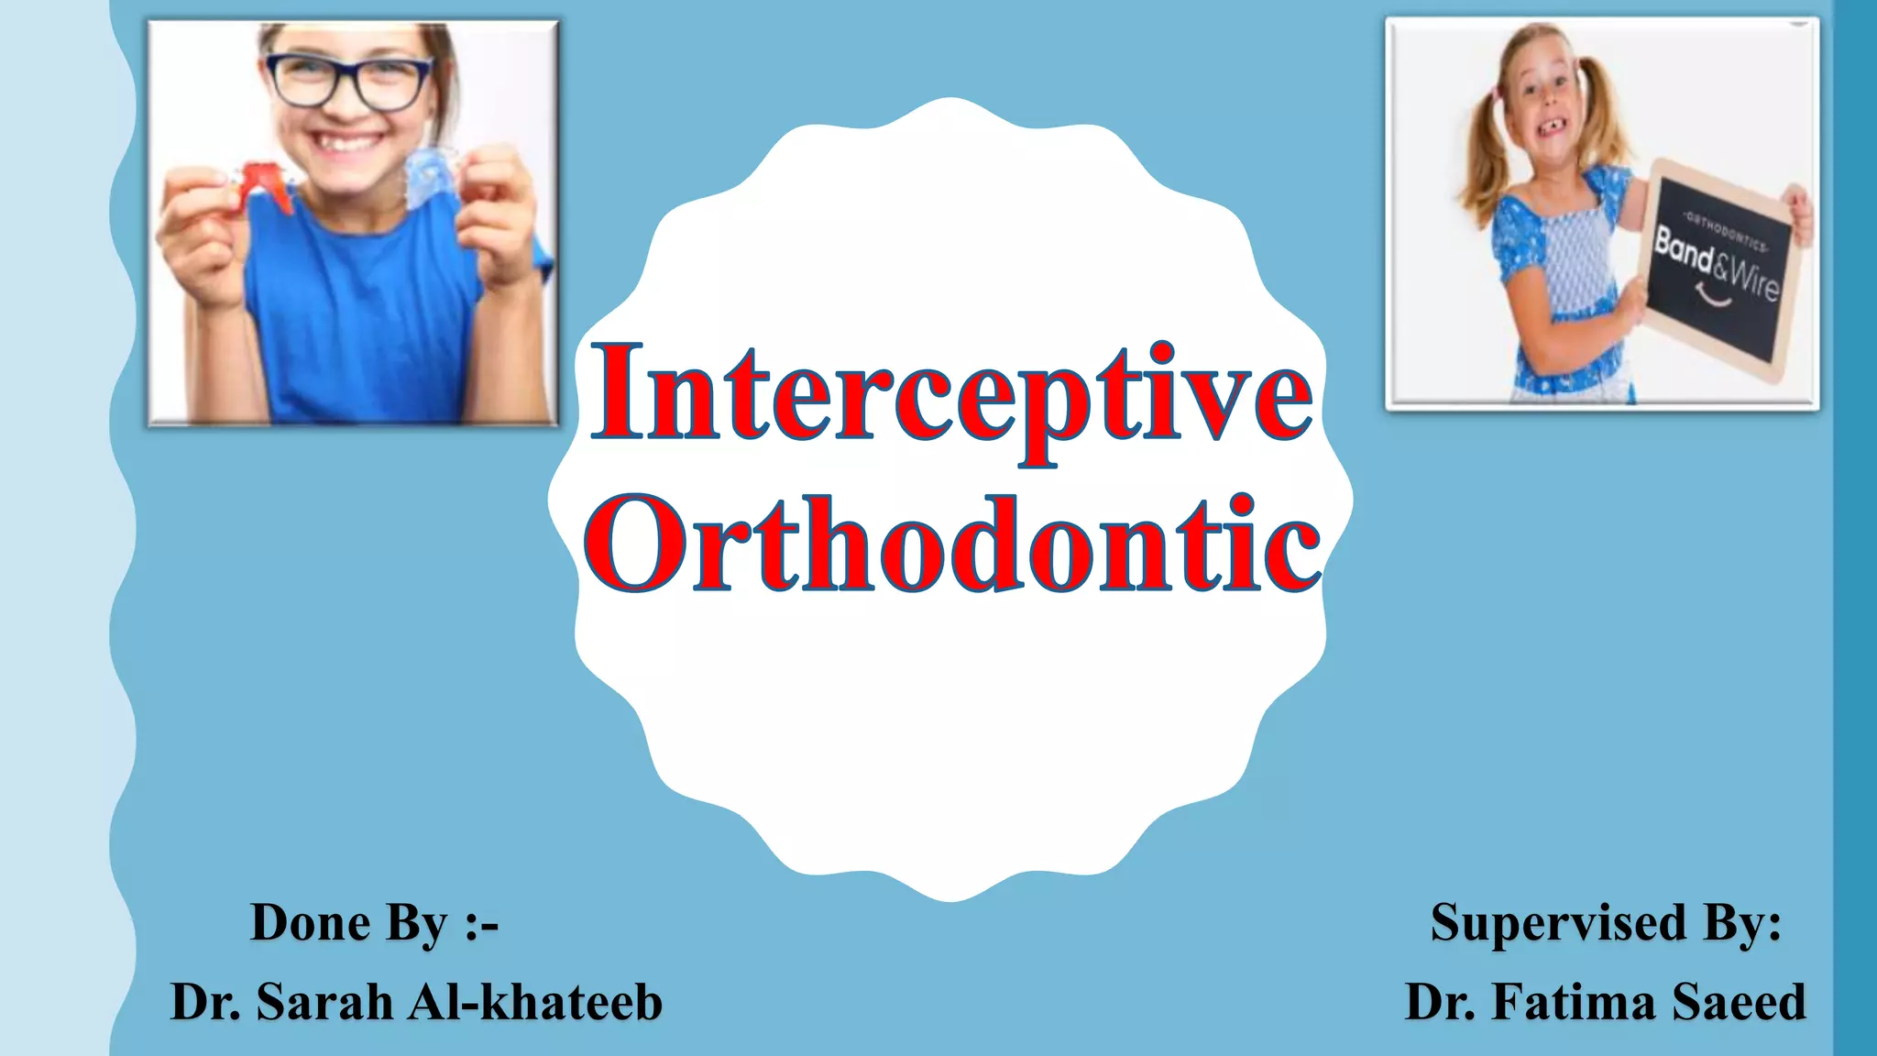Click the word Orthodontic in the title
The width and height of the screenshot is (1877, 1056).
953,544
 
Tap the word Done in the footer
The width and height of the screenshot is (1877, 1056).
310,922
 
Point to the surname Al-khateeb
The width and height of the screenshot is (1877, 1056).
535,1002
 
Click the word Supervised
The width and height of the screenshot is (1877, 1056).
1558,922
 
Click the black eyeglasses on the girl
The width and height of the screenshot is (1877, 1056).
349,81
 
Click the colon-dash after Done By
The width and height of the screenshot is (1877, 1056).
482,924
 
